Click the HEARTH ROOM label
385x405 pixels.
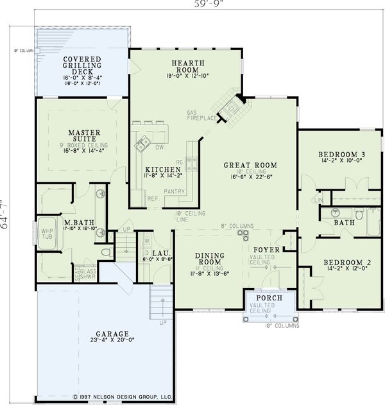187,66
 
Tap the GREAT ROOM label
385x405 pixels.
245,165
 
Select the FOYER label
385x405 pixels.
264,249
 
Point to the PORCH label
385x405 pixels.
265,298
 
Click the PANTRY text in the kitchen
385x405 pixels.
175,191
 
